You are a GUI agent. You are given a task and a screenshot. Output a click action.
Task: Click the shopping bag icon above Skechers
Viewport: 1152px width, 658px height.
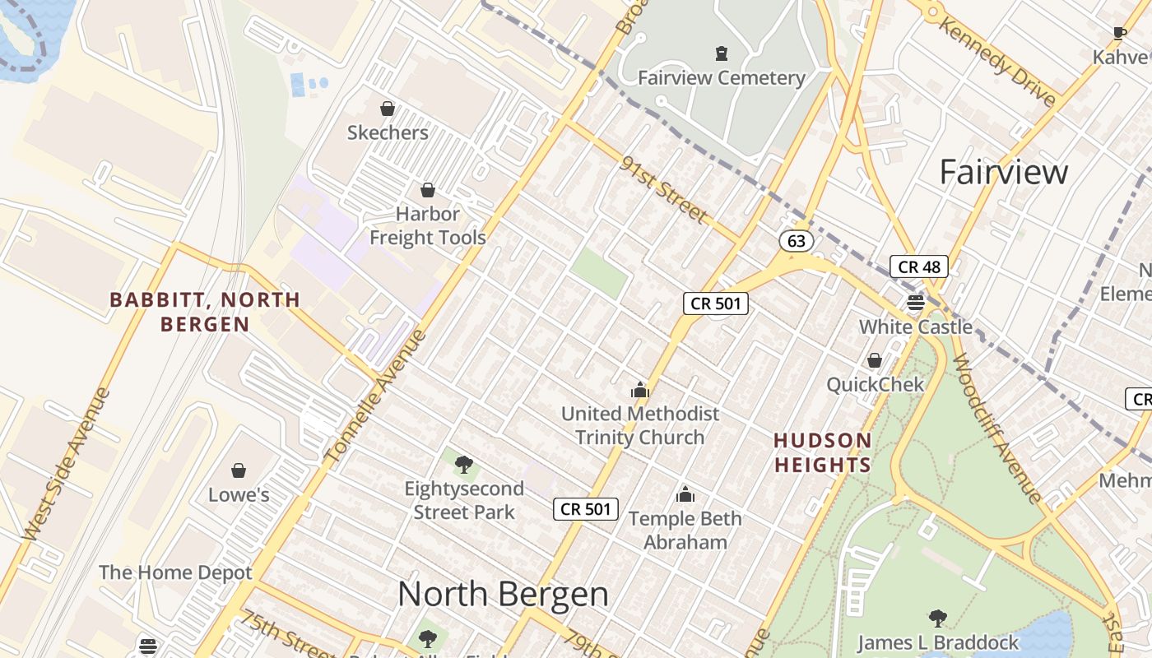point(387,109)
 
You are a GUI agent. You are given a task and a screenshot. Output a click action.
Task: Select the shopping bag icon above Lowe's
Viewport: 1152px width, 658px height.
point(239,470)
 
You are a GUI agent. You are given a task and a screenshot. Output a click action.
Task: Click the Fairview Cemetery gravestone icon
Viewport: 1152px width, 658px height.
point(722,54)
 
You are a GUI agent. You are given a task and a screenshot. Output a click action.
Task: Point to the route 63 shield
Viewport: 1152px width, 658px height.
point(796,241)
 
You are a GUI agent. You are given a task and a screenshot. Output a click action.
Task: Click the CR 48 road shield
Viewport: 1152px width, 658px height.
point(919,266)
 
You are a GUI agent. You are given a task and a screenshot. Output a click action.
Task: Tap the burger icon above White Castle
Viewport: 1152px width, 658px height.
point(916,303)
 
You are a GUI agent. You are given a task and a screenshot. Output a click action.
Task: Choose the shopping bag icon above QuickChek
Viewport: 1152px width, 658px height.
point(875,360)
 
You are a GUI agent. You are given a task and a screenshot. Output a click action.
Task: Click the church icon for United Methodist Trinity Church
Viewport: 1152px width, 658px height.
point(639,390)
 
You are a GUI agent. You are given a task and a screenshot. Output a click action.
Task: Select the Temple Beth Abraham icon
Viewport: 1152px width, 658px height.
point(685,495)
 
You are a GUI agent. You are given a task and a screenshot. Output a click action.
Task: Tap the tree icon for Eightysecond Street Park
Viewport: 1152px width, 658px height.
point(464,465)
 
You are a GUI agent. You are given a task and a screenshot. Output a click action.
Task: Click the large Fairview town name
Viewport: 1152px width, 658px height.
point(1003,172)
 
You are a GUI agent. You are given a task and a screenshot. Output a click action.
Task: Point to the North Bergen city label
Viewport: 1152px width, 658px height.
point(503,594)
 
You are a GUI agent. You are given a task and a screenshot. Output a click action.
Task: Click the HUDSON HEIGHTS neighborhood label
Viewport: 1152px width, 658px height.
point(822,452)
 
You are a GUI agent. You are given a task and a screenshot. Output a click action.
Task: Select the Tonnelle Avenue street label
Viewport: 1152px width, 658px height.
point(376,395)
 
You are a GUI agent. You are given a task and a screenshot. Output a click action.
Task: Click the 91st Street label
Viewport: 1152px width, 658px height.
point(664,189)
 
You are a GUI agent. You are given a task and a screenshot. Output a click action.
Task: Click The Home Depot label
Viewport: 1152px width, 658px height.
point(175,572)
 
